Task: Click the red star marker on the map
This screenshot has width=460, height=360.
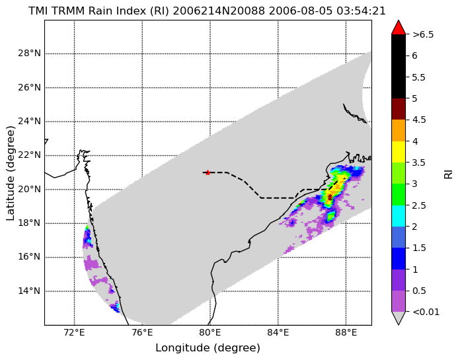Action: (x=208, y=172)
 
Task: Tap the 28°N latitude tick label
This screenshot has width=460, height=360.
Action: (x=29, y=54)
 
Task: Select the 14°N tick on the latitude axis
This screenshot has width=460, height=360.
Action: (x=29, y=291)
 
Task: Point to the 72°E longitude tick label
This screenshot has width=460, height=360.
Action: (x=74, y=333)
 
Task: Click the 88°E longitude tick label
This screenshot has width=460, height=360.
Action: (x=346, y=333)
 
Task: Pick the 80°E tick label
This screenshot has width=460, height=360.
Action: (x=210, y=333)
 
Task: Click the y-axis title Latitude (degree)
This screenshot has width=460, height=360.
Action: (x=11, y=173)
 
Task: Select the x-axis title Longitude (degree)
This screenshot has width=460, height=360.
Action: (x=208, y=348)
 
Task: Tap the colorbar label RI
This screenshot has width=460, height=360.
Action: (x=449, y=175)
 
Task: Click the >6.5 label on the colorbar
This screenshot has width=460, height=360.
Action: (x=423, y=34)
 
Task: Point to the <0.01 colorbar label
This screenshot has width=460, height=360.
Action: (x=426, y=312)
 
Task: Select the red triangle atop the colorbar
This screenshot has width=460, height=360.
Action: (x=399, y=28)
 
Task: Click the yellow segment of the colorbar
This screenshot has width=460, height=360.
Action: (x=399, y=152)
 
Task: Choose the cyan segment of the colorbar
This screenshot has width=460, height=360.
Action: (x=399, y=216)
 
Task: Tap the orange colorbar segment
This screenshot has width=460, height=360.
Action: (x=399, y=130)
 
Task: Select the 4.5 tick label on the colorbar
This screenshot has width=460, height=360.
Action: (x=419, y=120)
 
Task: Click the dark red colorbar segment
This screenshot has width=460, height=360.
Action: (x=399, y=109)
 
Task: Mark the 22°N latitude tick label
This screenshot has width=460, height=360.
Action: (x=29, y=155)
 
